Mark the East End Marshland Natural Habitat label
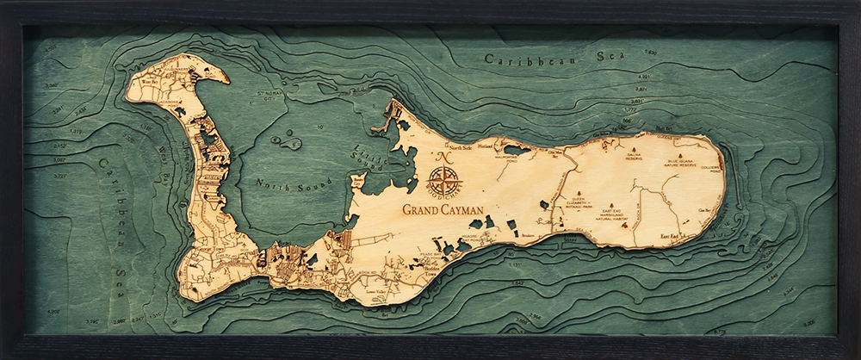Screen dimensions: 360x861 pyautogui.click(x=616, y=215)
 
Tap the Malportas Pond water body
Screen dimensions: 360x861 pyautogui.click(x=517, y=151)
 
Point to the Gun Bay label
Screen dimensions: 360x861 pyautogui.click(x=703, y=210)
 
